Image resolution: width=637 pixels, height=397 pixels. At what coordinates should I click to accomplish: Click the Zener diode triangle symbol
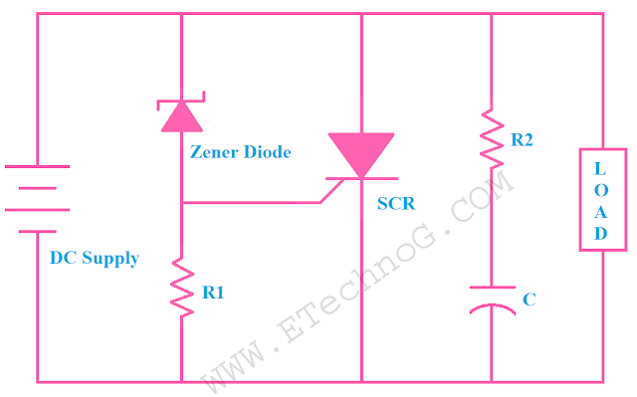click(181, 116)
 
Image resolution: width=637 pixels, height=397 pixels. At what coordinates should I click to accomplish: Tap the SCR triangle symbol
click(360, 157)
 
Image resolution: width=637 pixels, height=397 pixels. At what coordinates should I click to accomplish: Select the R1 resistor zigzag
click(181, 286)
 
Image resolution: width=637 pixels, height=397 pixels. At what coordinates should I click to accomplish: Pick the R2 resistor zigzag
click(491, 138)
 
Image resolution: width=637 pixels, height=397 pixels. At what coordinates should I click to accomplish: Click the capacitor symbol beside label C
click(492, 300)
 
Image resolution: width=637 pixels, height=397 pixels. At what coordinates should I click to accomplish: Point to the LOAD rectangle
click(602, 199)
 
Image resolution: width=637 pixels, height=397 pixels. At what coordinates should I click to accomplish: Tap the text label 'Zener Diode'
click(240, 152)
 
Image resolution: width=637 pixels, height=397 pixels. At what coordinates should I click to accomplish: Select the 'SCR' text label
click(396, 204)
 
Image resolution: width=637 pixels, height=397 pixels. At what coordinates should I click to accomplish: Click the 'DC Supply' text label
click(94, 259)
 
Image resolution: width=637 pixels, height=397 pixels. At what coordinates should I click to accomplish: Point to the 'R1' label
click(213, 294)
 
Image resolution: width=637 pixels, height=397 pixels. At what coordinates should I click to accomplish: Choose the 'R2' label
click(522, 140)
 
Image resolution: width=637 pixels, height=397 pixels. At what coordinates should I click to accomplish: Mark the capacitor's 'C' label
click(529, 298)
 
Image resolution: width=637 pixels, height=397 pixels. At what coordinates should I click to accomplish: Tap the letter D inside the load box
click(602, 234)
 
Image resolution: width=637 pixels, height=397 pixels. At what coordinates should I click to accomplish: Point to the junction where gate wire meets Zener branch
click(181, 203)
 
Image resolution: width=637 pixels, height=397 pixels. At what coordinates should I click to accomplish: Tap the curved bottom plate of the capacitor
click(492, 310)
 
